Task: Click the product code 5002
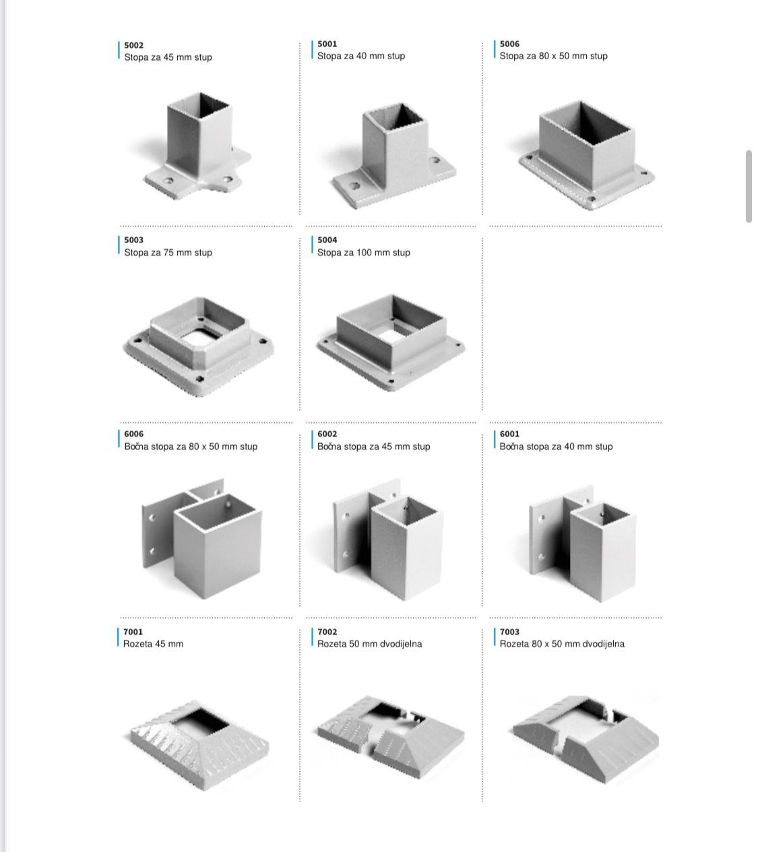133,45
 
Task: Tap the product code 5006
509,44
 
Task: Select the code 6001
509,434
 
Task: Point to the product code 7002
327,632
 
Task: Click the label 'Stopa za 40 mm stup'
361,56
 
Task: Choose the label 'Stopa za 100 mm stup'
363,253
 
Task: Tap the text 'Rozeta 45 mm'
153,643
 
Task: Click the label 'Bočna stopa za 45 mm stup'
373,446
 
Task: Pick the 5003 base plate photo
199,346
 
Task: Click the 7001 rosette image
199,745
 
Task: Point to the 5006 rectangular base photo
586,155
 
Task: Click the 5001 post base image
393,156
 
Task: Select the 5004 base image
391,343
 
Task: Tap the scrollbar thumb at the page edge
749,186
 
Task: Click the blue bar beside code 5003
119,244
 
